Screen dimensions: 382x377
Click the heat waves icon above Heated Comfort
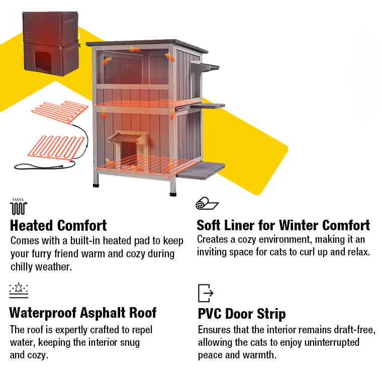tap(19, 207)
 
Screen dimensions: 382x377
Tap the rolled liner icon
tap(207, 204)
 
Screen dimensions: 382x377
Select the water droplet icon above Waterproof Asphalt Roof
tap(19, 290)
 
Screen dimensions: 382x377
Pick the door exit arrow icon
tap(206, 293)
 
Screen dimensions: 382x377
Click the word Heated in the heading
tap(31, 225)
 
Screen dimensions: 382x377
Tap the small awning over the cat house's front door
tap(128, 137)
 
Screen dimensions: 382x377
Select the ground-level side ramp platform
tap(200, 170)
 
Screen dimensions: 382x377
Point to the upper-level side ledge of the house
tap(207, 106)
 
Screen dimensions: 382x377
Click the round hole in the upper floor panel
tap(129, 66)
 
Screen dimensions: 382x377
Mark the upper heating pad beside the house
tap(60, 112)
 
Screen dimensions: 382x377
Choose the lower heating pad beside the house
tap(56, 148)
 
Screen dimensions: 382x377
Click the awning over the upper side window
tap(205, 67)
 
